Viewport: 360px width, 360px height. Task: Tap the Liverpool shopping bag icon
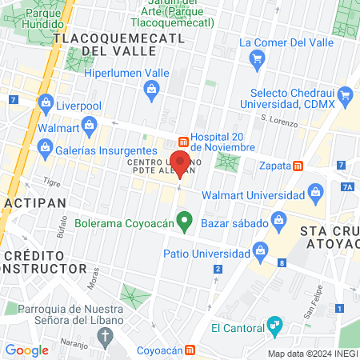tap(46, 104)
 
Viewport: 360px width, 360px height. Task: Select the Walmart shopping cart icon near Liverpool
tap(89, 124)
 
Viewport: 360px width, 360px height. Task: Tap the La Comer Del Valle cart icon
tap(257, 58)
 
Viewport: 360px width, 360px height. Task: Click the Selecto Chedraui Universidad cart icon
tap(346, 98)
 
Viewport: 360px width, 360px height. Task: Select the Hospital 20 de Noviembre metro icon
tap(183, 137)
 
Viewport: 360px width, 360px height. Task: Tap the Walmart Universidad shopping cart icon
tap(316, 193)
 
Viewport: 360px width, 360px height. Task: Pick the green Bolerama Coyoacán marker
tap(185, 218)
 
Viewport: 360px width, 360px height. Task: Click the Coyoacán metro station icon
tap(190, 350)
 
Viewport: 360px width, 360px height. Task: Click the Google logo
tap(26, 350)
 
